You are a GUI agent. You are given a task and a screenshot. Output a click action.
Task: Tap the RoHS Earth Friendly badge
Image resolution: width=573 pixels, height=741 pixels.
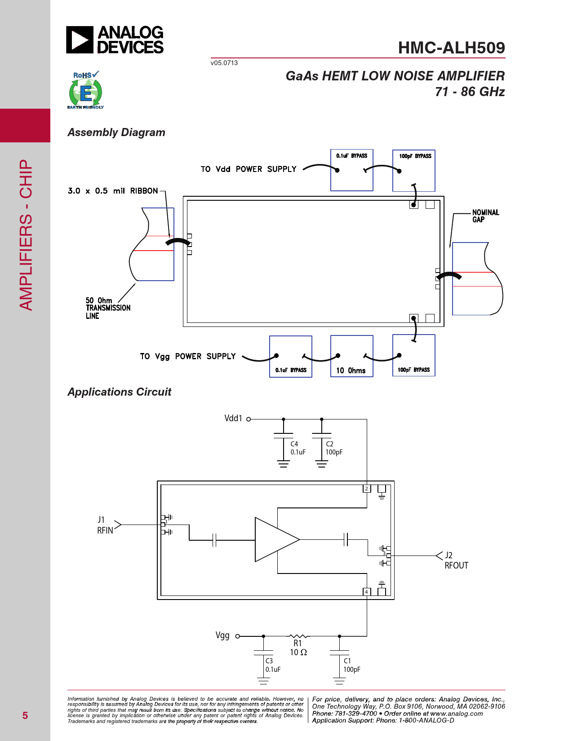click(86, 90)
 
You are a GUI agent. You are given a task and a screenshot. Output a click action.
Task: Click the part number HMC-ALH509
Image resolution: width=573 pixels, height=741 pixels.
click(452, 48)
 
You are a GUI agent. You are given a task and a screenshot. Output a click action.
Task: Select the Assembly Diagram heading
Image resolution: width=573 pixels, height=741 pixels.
click(116, 132)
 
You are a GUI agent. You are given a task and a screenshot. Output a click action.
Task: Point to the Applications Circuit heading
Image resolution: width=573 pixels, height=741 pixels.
click(120, 392)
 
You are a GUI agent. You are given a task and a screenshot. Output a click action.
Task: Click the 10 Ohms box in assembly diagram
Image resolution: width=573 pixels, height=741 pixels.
click(351, 356)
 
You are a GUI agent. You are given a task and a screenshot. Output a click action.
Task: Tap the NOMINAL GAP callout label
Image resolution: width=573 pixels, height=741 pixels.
click(485, 216)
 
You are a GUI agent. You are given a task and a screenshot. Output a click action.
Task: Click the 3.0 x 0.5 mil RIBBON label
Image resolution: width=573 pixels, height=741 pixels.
click(113, 190)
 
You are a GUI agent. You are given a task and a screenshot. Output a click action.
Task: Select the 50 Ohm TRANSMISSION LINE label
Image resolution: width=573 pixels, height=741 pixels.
click(108, 308)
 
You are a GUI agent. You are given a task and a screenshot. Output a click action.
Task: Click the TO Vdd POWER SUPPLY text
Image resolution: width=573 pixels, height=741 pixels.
click(249, 169)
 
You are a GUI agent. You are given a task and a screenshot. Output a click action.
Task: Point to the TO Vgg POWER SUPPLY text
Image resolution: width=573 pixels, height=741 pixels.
click(188, 356)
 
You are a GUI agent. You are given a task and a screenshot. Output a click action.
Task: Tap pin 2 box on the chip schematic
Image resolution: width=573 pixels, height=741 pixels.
click(367, 489)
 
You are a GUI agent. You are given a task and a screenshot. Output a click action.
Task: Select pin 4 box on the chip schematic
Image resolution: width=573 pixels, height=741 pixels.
click(367, 591)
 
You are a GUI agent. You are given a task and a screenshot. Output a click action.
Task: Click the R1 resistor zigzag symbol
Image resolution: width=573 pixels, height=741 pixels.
click(298, 636)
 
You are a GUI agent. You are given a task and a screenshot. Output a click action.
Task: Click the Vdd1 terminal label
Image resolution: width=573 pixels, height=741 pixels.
click(233, 419)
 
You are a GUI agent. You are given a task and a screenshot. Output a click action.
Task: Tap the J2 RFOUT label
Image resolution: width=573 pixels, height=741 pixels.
click(456, 560)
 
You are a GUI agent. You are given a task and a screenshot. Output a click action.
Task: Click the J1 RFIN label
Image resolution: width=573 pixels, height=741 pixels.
click(105, 525)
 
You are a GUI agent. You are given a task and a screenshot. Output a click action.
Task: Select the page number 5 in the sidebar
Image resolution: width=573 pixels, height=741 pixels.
click(25, 715)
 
